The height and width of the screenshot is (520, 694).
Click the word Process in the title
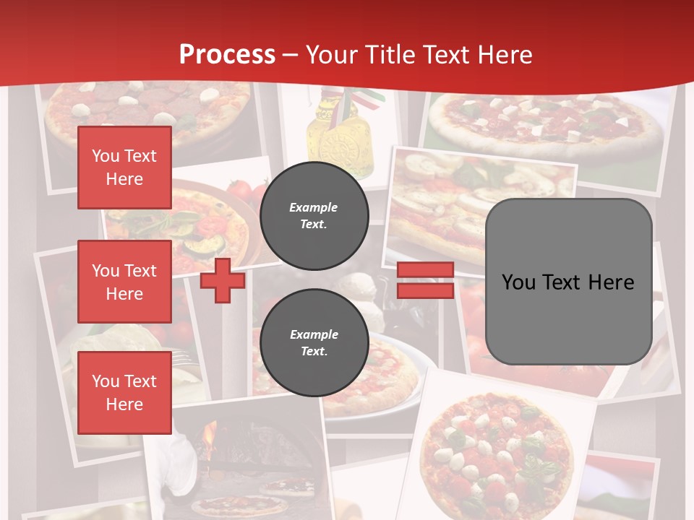(x=227, y=55)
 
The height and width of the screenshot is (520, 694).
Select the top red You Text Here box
(x=124, y=168)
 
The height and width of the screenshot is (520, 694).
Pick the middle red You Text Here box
(x=124, y=282)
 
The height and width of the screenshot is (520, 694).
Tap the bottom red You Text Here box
(x=124, y=393)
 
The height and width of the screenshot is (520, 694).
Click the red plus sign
(x=223, y=280)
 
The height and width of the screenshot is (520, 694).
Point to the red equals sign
(x=425, y=280)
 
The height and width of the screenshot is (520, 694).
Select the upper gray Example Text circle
(x=314, y=216)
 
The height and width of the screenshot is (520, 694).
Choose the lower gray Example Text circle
(x=314, y=343)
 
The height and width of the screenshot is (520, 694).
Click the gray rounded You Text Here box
(x=568, y=282)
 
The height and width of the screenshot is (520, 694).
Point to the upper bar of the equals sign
(x=425, y=270)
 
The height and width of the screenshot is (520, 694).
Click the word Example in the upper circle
(x=314, y=207)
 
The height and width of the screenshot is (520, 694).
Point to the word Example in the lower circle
(x=314, y=334)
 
